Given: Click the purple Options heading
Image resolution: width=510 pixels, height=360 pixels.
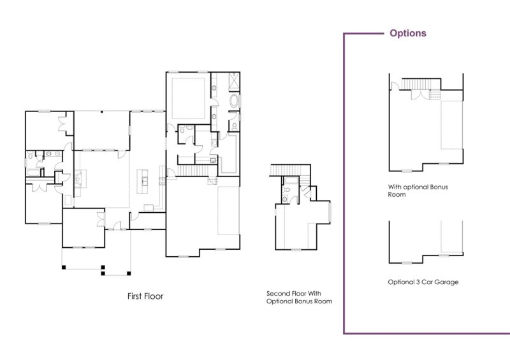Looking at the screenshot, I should [408, 33].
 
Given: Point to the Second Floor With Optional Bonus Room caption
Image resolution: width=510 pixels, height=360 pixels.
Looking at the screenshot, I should [299, 297].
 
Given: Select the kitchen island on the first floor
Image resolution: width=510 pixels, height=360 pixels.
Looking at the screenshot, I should [145, 181].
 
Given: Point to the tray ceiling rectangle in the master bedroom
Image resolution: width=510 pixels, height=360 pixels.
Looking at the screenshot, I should [188, 96].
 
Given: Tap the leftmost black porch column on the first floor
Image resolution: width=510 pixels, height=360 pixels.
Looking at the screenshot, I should [63, 266].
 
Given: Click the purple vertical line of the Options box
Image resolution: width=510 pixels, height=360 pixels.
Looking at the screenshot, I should [344, 191].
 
